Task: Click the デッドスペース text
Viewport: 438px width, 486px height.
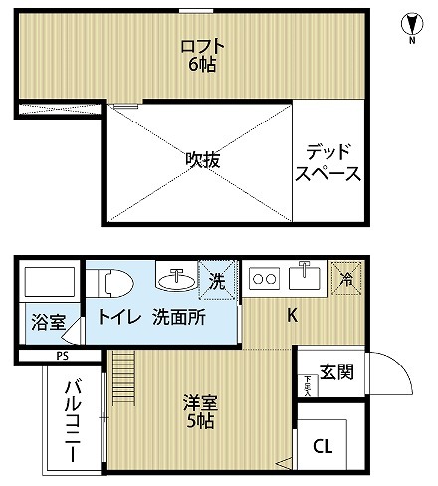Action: [328, 163]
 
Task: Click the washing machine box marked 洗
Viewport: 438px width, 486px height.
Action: [216, 280]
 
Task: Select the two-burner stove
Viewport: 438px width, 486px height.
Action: [264, 278]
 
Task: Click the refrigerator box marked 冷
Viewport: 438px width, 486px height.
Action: [347, 278]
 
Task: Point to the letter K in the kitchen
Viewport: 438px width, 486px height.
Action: [293, 317]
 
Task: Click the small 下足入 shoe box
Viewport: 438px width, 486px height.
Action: [306, 384]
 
